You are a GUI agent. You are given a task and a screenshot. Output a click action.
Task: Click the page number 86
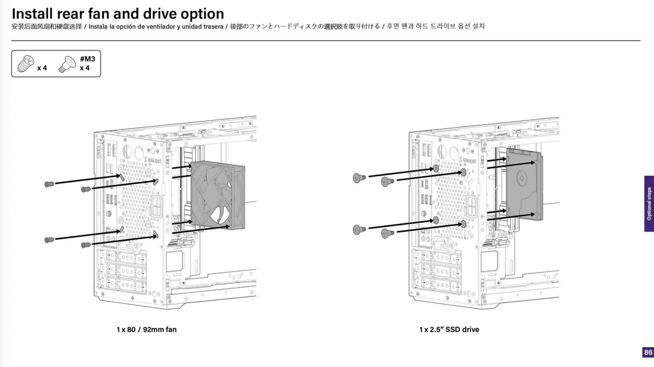(x=648, y=353)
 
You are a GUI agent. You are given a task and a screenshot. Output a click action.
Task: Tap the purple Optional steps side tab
(x=649, y=203)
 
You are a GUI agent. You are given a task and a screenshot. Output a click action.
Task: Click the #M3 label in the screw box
(x=87, y=59)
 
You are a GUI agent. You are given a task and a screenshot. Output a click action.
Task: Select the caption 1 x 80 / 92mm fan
(x=147, y=329)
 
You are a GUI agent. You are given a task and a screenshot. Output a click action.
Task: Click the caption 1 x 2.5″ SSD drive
(x=449, y=329)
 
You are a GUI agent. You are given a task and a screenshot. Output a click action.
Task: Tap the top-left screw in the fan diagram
(x=49, y=184)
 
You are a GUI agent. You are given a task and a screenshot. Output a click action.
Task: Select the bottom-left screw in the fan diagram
(x=49, y=239)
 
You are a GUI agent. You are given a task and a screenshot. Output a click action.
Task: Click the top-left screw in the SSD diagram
(x=359, y=177)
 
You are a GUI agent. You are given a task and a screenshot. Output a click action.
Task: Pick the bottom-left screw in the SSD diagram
(x=359, y=230)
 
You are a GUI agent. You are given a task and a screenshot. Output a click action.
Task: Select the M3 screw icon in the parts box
(x=66, y=64)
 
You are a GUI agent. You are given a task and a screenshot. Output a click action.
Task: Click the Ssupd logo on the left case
(x=154, y=161)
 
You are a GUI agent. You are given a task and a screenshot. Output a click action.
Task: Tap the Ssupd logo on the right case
(x=469, y=161)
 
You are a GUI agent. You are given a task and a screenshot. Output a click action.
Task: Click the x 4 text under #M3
(x=84, y=67)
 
